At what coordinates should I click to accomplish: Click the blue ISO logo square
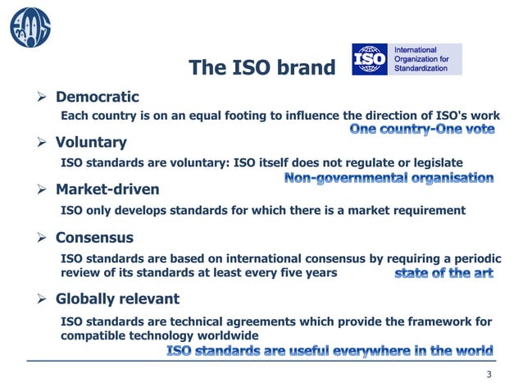371,60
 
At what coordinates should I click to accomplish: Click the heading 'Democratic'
97,98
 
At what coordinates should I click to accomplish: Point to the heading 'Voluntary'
91,144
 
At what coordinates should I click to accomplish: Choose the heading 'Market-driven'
107,190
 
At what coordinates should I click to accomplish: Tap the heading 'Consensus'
94,239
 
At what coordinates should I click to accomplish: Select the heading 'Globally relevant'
117,299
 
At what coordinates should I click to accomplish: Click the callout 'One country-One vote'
422,130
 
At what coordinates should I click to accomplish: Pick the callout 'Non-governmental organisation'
389,177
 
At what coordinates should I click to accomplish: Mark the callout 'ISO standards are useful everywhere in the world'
330,352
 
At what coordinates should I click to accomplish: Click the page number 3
489,376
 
